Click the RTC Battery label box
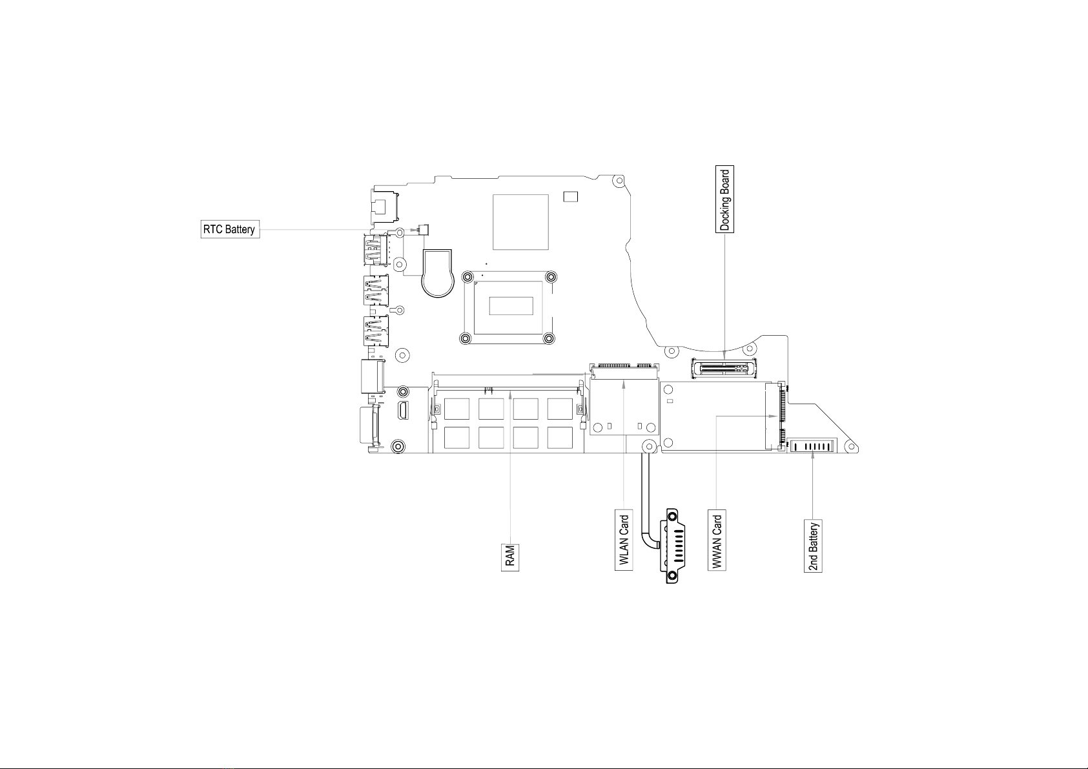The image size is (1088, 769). point(231,229)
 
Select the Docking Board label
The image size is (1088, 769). point(724,199)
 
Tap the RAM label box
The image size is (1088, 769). point(510,557)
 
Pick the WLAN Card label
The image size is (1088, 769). point(624,540)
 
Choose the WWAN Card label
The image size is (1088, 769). point(717,540)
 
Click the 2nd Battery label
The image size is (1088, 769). point(813,546)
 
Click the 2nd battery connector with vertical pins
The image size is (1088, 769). point(813,446)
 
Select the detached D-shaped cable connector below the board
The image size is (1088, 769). point(673,546)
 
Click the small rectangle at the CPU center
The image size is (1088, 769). point(511,305)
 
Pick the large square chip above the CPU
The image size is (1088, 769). point(520,222)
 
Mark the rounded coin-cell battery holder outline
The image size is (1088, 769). point(438,273)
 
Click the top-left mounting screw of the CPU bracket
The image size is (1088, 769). point(467,277)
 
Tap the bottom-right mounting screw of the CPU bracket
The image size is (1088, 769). point(549,338)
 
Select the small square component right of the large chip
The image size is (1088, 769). point(571,196)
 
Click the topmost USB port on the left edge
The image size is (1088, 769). point(375,250)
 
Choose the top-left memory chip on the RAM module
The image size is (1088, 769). point(457,409)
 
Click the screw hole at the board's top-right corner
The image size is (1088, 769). point(619,181)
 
